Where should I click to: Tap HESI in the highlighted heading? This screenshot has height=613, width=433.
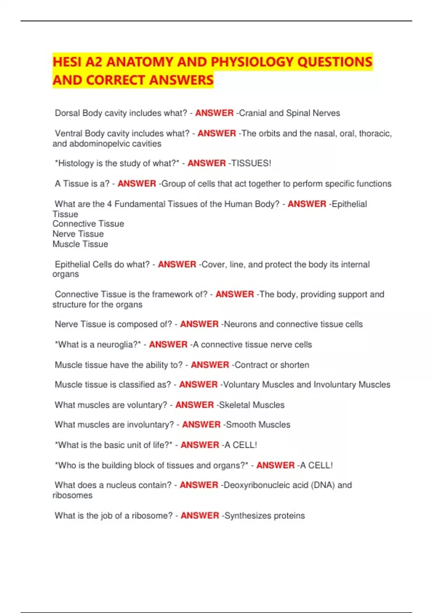pyautogui.click(x=67, y=62)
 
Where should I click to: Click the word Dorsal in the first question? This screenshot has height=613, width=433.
pyautogui.click(x=67, y=113)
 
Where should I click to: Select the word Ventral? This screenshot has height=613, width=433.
pyautogui.click(x=69, y=133)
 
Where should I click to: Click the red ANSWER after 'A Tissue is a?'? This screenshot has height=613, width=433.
pyautogui.click(x=137, y=184)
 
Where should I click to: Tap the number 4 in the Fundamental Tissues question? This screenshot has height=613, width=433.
pyautogui.click(x=109, y=204)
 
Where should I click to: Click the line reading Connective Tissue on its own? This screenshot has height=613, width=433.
pyautogui.click(x=88, y=224)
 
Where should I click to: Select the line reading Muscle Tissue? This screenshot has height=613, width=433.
pyautogui.click(x=80, y=244)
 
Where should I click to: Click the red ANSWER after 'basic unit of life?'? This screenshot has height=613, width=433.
pyautogui.click(x=200, y=445)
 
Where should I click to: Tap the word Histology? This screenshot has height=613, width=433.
pyautogui.click(x=75, y=163)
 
